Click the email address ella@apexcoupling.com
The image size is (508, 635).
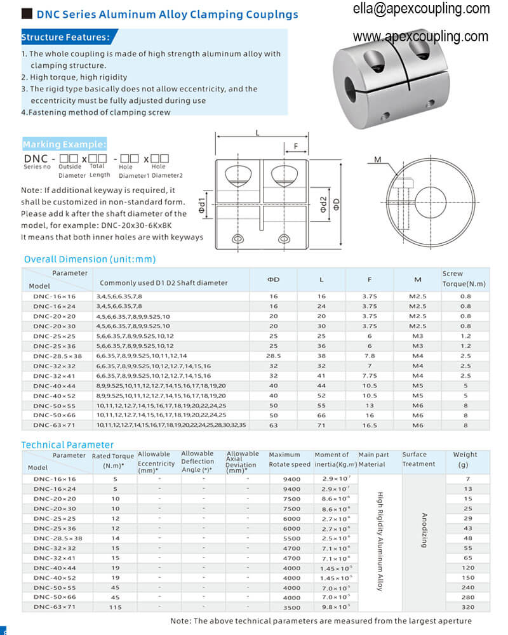(x=421, y=9)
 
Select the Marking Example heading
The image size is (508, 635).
(x=64, y=144)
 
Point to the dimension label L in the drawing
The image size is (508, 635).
(x=257, y=133)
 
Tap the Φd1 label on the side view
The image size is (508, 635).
(x=201, y=204)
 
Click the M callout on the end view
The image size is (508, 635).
(x=377, y=160)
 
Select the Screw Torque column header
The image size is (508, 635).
(x=453, y=278)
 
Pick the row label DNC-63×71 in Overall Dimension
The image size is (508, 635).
(x=54, y=425)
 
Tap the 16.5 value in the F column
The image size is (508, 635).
(x=370, y=425)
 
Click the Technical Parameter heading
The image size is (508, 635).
(x=67, y=444)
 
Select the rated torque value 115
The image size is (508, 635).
(x=115, y=607)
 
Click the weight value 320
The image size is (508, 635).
(x=467, y=607)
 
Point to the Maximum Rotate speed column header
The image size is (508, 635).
(x=290, y=460)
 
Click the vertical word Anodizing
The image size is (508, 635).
(x=424, y=530)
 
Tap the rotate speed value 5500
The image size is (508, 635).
(x=291, y=538)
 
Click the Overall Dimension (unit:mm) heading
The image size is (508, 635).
(x=90, y=259)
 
